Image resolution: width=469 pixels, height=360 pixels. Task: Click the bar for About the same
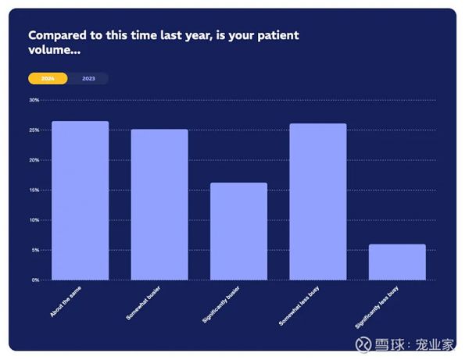(x=81, y=201)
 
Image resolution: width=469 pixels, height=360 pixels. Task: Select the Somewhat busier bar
(x=159, y=205)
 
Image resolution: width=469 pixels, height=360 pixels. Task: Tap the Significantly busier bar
(x=238, y=231)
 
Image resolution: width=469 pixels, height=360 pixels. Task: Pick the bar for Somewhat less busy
(x=318, y=201)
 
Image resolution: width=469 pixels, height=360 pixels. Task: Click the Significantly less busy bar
(x=397, y=262)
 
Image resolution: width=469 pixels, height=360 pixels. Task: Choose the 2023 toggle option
(x=88, y=79)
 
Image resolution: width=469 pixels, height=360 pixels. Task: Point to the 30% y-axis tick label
(x=34, y=100)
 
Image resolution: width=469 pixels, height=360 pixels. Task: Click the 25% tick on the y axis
(x=34, y=130)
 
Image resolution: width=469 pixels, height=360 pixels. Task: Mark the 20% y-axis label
(x=34, y=160)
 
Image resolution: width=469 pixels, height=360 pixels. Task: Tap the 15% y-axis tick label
(x=34, y=190)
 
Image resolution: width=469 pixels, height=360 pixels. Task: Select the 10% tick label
(x=34, y=220)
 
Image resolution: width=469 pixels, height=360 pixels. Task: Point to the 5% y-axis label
(x=35, y=250)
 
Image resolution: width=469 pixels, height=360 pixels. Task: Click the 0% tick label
(x=35, y=280)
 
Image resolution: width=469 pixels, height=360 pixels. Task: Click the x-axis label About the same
(x=66, y=301)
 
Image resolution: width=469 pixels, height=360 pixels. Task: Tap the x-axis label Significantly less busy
(x=377, y=308)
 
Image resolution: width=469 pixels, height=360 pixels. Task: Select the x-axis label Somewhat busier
(x=143, y=303)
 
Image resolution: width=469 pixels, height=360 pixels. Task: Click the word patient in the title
(x=278, y=36)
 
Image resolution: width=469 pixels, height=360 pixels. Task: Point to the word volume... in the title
(x=55, y=50)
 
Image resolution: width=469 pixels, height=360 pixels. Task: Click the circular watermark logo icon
(x=363, y=344)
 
